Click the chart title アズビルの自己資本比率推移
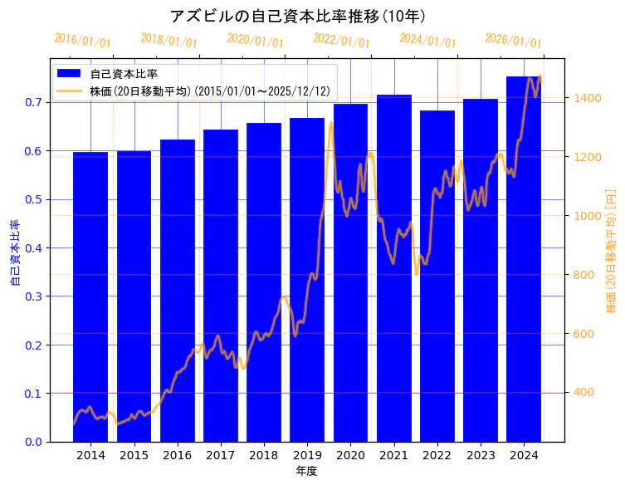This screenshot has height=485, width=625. click(x=298, y=17)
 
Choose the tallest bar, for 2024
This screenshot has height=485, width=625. click(x=524, y=258)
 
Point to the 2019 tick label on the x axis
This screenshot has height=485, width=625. click(x=307, y=455)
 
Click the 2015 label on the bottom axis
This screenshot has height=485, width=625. click(x=134, y=455)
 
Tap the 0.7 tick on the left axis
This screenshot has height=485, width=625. click(x=33, y=102)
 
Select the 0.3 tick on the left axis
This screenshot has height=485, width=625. click(x=33, y=296)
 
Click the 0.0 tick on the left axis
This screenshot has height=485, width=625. click(x=33, y=442)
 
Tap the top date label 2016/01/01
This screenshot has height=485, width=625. click(x=82, y=40)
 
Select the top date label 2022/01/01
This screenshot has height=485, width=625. click(x=341, y=40)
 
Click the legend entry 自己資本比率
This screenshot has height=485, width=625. click(x=124, y=74)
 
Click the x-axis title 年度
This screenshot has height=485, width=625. click(x=306, y=471)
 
